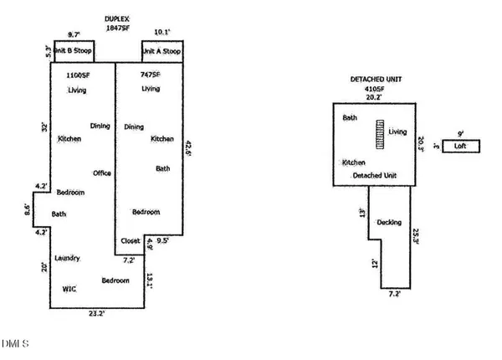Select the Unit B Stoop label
pos(74,51)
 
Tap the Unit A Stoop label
pos(162,51)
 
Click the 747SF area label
pos(150,75)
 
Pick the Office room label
pos(102,173)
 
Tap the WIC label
pos(69,289)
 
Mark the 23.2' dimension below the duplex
pos(97,314)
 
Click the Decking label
pos(388,223)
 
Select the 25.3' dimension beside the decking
pos(416,236)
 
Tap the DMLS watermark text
pos(15,343)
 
